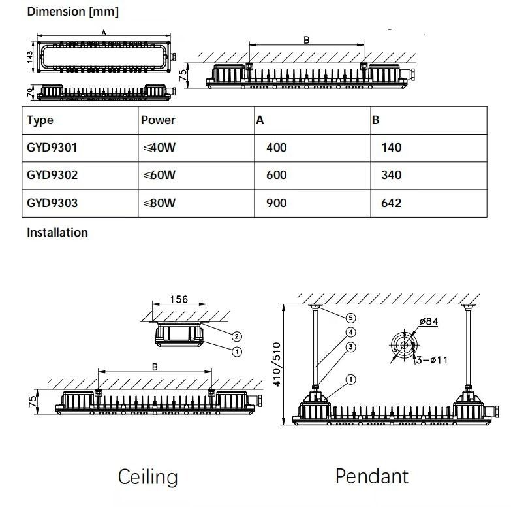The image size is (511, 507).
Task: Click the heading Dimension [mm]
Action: pos(63,12)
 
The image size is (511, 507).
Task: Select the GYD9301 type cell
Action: pos(52,148)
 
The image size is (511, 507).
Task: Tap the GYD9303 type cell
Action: pos(52,203)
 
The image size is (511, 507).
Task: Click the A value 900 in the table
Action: pos(277,203)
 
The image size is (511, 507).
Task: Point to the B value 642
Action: pos(391,203)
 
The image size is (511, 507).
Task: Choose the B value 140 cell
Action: pos(391,148)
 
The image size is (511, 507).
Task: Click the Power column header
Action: pos(158,120)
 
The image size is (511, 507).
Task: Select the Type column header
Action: pos(40,120)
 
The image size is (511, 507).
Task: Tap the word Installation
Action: pos(57,232)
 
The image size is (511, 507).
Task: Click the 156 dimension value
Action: pos(179,299)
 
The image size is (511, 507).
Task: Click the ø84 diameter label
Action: pos(428,321)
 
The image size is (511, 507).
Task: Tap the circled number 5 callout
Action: pos(350,318)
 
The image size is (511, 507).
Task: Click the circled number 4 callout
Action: pos(350,332)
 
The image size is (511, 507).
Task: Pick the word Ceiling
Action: pos(147,477)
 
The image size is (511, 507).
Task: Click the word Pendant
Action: pos(372,476)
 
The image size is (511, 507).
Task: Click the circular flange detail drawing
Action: pos(405,344)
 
